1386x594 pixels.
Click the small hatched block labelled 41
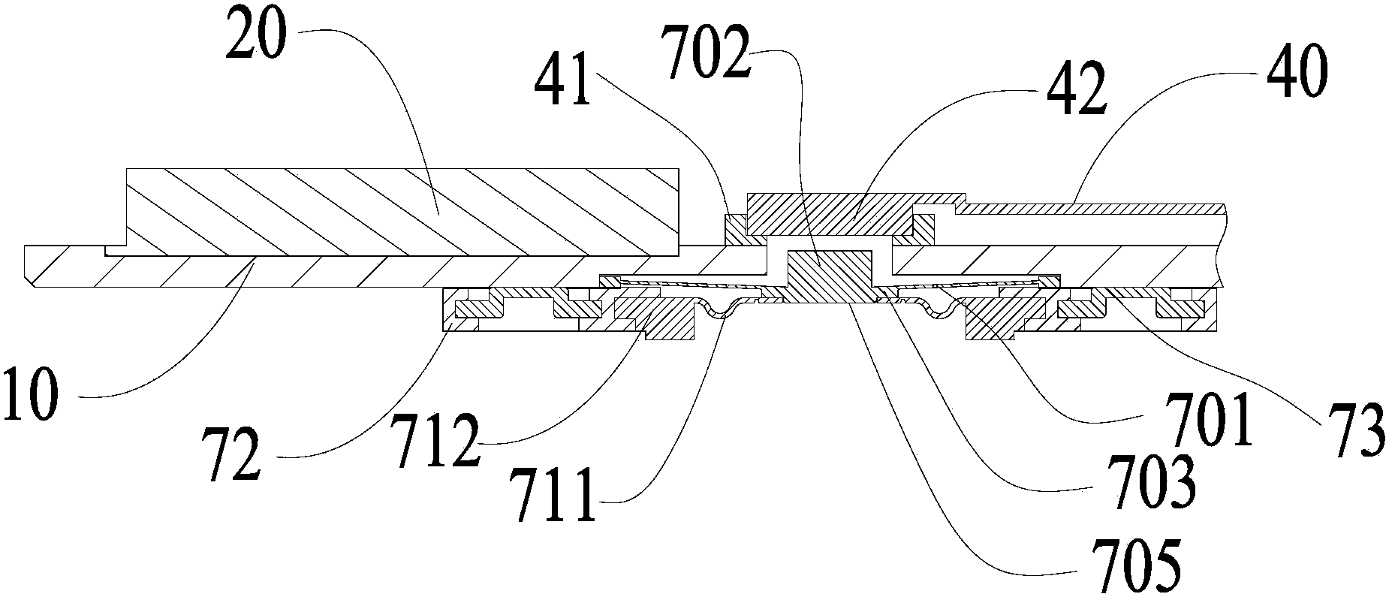[734, 229]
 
